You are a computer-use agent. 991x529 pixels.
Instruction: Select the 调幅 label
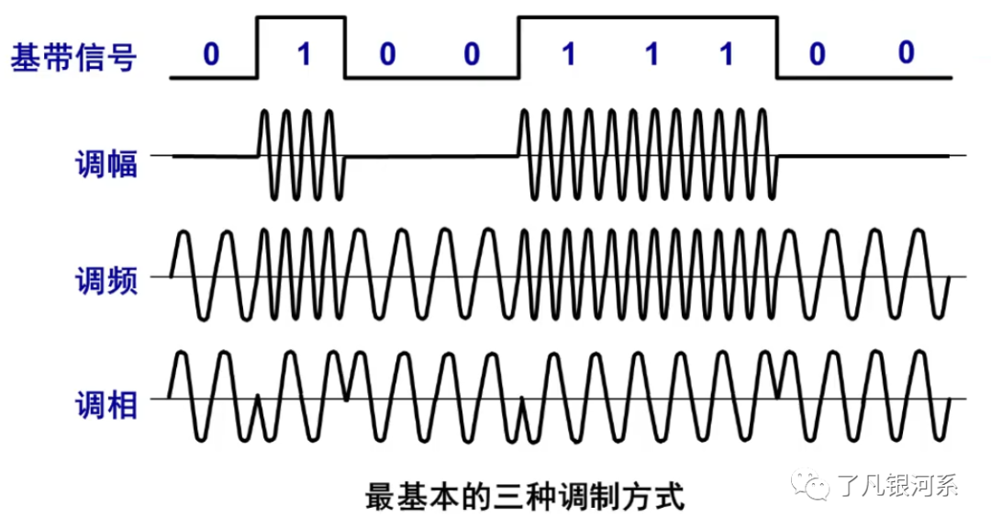pyautogui.click(x=106, y=164)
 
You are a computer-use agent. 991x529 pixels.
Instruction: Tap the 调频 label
pyautogui.click(x=106, y=281)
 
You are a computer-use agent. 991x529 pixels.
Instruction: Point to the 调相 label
pyautogui.click(x=106, y=404)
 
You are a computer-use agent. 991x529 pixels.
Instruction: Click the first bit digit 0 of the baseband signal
pyautogui.click(x=212, y=55)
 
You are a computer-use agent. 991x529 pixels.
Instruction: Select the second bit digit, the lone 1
pyautogui.click(x=303, y=55)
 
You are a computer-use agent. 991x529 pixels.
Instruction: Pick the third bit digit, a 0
pyautogui.click(x=387, y=55)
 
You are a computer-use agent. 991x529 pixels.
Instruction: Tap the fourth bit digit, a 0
pyautogui.click(x=471, y=55)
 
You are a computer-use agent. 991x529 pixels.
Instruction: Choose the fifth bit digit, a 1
pyautogui.click(x=568, y=55)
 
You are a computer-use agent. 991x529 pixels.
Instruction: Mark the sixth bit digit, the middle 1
pyautogui.click(x=651, y=55)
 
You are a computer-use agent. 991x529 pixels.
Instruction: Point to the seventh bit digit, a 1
pyautogui.click(x=726, y=55)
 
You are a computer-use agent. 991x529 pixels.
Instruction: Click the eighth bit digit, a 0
pyautogui.click(x=817, y=55)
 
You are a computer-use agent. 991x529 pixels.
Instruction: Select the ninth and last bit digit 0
pyautogui.click(x=906, y=53)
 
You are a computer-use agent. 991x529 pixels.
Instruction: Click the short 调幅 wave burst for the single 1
pyautogui.click(x=301, y=154)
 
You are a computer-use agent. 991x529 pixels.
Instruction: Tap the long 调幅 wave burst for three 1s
pyautogui.click(x=648, y=154)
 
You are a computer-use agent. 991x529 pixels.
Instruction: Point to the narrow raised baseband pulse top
pyautogui.click(x=301, y=17)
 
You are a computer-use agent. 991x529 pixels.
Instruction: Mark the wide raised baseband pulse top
pyautogui.click(x=648, y=17)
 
